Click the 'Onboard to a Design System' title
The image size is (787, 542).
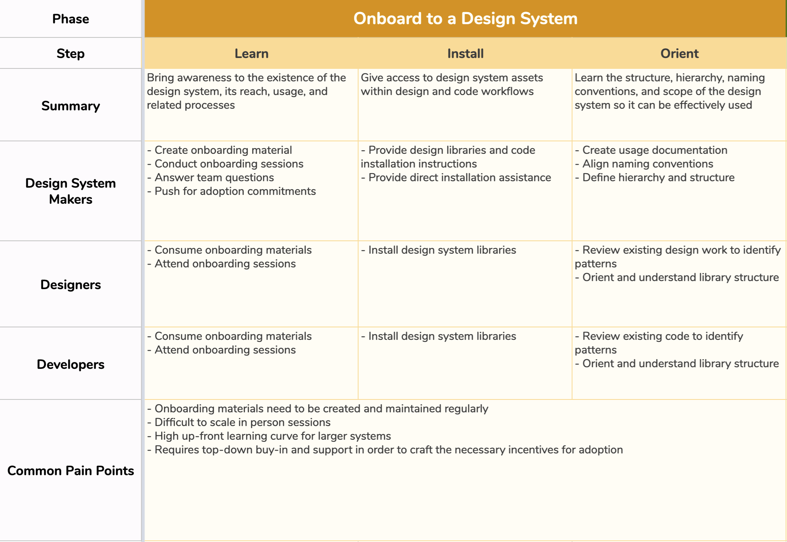[x=465, y=19]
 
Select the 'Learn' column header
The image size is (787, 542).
[x=251, y=54]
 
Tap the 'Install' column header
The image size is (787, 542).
[x=465, y=54]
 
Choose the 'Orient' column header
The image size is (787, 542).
[x=679, y=54]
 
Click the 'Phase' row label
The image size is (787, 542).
[x=70, y=19]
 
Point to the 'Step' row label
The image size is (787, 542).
[x=70, y=54]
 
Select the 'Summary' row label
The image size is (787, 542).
[x=70, y=106]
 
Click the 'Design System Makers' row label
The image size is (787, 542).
[x=70, y=191]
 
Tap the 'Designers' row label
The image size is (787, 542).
[x=70, y=285]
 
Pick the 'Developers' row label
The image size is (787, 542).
[x=70, y=364]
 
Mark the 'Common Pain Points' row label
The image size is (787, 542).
[x=70, y=471]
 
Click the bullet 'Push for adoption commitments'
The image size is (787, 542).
[x=231, y=191]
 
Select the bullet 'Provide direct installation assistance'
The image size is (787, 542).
[x=456, y=178]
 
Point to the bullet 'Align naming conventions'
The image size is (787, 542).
[x=644, y=164]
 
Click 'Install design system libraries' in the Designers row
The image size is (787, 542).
[x=438, y=250]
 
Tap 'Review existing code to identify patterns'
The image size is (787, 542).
[x=659, y=343]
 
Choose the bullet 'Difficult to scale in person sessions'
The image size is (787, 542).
[x=239, y=422]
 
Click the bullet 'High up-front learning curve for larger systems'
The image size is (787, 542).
[x=269, y=436]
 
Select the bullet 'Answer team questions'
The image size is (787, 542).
[x=210, y=178]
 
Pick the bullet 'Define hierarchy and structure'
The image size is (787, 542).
[x=654, y=178]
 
